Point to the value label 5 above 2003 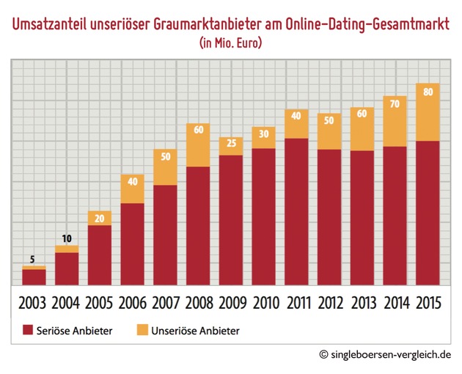34,259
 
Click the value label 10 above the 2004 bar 67,239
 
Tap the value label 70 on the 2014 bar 395,104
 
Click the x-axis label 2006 132,302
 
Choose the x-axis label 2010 263,302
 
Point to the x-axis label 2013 362,302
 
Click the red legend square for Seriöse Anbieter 29,331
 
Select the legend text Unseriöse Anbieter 196,331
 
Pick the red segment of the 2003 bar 34,276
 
